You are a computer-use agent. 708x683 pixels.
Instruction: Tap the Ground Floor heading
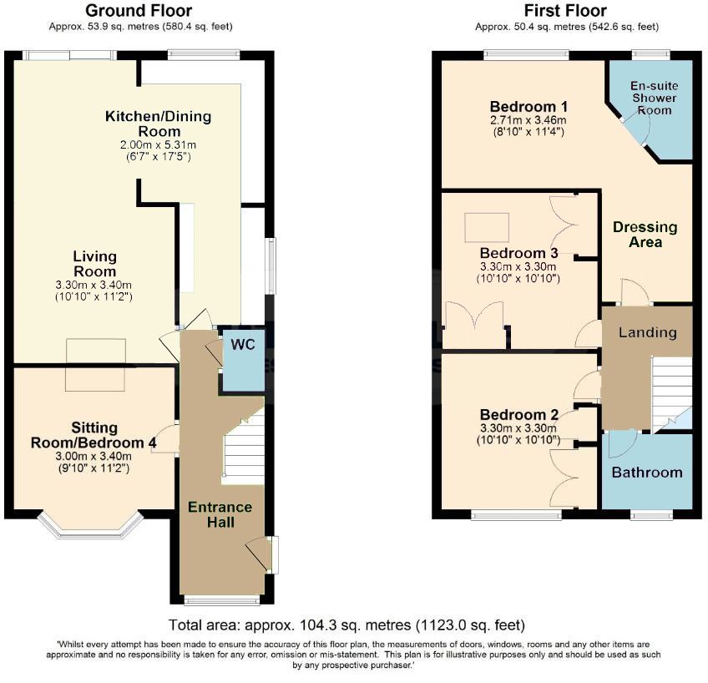pyautogui.click(x=139, y=11)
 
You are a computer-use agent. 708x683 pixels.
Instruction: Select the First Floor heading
pyautogui.click(x=565, y=11)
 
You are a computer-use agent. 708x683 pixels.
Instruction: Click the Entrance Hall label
pyautogui.click(x=220, y=514)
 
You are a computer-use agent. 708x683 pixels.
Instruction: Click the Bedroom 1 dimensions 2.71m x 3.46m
pyautogui.click(x=528, y=120)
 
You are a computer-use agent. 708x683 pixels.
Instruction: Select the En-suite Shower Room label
pyautogui.click(x=653, y=98)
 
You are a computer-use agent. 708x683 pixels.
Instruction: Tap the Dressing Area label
pyautogui.click(x=645, y=235)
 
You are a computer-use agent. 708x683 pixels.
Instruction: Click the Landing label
pyautogui.click(x=647, y=332)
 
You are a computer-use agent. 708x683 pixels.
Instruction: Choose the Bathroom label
pyautogui.click(x=647, y=472)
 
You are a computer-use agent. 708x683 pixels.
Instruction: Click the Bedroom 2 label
pyautogui.click(x=518, y=415)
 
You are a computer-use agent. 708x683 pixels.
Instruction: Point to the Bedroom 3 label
pyautogui.click(x=518, y=253)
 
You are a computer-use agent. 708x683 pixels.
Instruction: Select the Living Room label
pyautogui.click(x=94, y=264)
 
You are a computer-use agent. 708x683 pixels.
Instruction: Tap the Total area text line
pyautogui.click(x=346, y=625)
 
